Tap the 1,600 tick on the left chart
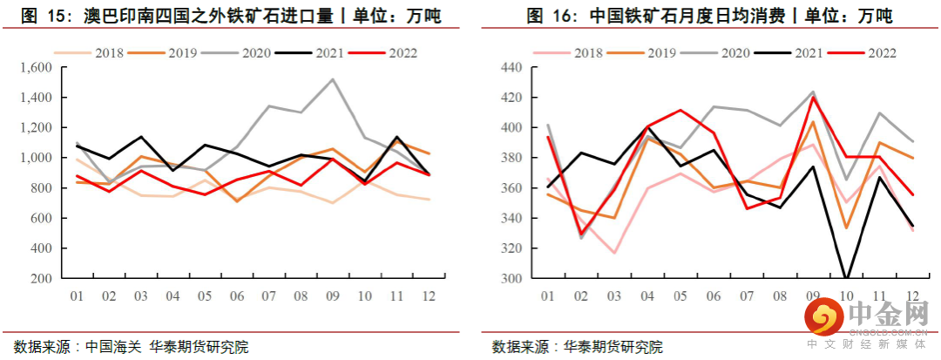click(36, 68)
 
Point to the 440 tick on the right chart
click(511, 68)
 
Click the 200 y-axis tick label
click(42, 279)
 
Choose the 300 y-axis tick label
click(511, 279)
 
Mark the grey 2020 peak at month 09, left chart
click(332, 79)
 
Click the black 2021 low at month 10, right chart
click(846, 279)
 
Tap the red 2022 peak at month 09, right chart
click(813, 97)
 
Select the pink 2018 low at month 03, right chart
click(614, 254)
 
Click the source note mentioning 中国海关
click(132, 346)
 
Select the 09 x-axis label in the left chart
click(332, 296)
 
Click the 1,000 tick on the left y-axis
click(36, 159)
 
